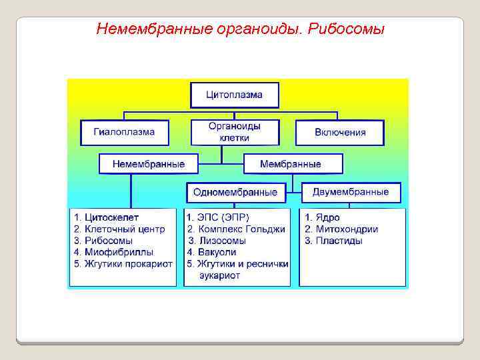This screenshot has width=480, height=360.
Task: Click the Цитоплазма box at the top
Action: coord(235,95)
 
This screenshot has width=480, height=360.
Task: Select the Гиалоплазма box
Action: coord(125,132)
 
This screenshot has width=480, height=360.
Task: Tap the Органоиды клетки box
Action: coord(235,132)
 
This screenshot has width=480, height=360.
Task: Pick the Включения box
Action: coord(340,132)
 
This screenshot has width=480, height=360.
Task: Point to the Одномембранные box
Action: coord(235,192)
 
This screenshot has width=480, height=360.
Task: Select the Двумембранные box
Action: coord(351,192)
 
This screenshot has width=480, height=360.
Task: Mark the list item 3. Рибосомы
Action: coord(103,240)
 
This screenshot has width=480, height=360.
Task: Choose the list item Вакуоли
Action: coord(212,252)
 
